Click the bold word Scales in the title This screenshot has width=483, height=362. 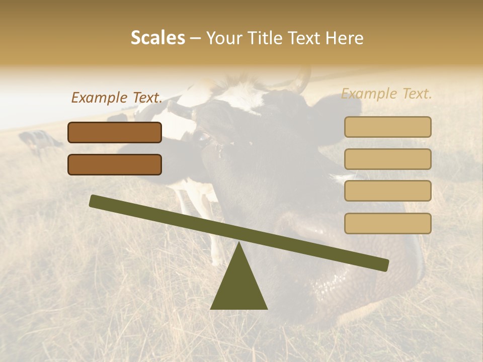coord(157,38)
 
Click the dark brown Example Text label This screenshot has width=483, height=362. coord(117,98)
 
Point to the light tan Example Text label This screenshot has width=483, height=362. coord(386,94)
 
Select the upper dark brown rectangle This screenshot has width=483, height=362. coord(115,132)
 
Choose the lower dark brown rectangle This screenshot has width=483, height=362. coord(115,164)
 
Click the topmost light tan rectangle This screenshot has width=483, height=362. coord(387,127)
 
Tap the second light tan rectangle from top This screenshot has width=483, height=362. coord(387,159)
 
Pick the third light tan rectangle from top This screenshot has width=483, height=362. coord(387,191)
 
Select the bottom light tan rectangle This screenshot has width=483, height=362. coord(387,223)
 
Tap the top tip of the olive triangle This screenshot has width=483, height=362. coord(239,243)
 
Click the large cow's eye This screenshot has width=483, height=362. coord(203,137)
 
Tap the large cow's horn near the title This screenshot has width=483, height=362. coord(302,80)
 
